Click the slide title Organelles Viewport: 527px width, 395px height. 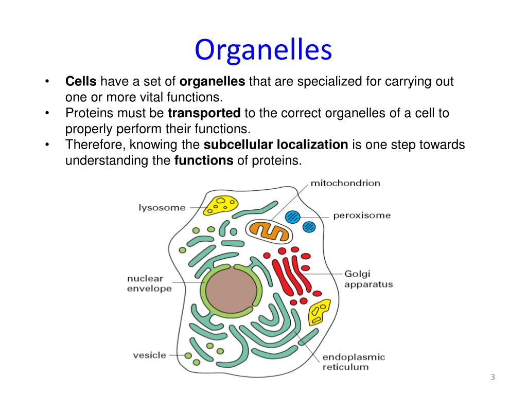point(263,50)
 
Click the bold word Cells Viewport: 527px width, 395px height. point(81,81)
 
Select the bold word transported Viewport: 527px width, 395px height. point(204,113)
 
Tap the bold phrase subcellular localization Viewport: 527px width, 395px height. point(276,145)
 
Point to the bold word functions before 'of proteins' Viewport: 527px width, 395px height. point(204,160)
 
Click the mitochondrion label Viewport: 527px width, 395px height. point(345,183)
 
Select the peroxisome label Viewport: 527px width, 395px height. point(362,216)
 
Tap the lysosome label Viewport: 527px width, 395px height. point(162,208)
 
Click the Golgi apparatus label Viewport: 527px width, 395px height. point(368,279)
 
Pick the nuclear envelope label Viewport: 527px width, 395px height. point(149,283)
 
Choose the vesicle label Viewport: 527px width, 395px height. point(149,355)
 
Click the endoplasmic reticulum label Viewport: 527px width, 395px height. point(354,362)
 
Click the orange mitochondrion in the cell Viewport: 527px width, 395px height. point(269,231)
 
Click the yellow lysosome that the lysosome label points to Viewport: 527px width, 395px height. point(220,205)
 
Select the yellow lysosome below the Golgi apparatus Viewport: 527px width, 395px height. point(319,312)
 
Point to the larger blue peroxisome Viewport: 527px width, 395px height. point(292,217)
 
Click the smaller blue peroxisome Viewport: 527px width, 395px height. point(309,227)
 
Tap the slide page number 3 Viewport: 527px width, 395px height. point(493,377)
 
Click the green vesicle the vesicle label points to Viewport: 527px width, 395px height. point(188,355)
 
